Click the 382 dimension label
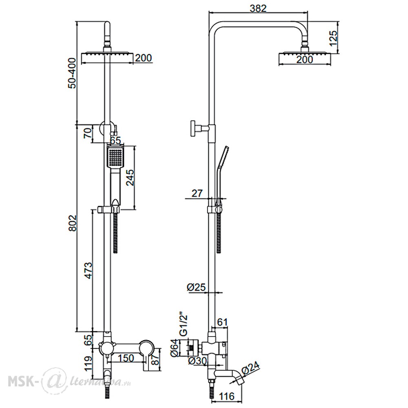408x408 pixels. [258, 8]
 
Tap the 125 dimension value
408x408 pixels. [333, 38]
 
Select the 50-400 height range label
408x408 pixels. [72, 73]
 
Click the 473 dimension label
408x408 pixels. [89, 271]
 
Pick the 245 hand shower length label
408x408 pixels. [130, 177]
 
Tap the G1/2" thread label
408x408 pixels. [184, 325]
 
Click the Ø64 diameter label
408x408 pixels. [175, 348]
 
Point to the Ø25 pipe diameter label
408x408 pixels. [196, 287]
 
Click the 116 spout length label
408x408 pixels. [226, 396]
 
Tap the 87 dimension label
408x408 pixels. [155, 360]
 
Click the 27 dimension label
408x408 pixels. [197, 193]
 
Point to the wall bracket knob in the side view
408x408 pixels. [193, 128]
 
